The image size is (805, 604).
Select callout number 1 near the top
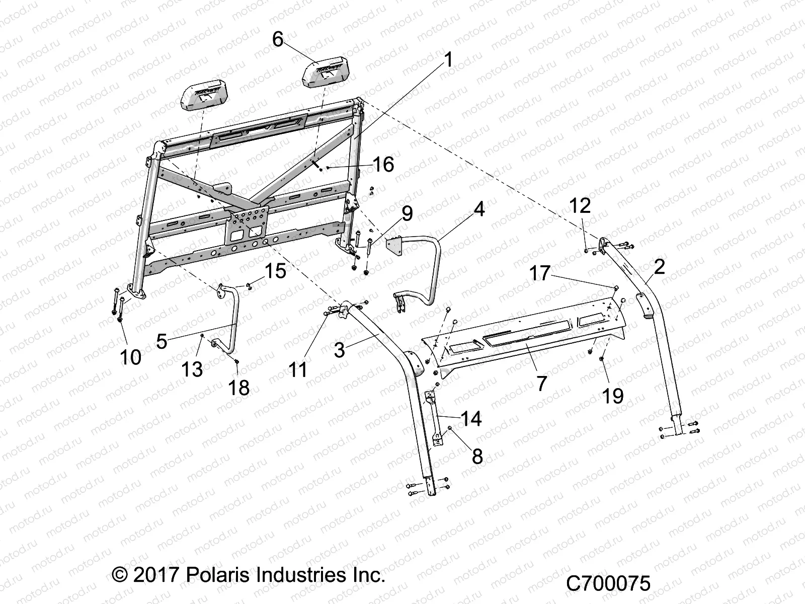(x=448, y=61)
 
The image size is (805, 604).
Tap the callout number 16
(x=383, y=165)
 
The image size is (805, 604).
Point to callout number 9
(x=407, y=213)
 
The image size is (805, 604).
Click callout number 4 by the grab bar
(x=479, y=208)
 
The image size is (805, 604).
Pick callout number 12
(x=580, y=206)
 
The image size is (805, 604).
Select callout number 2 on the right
(x=659, y=267)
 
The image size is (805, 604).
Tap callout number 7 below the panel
(x=541, y=384)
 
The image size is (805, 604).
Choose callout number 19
(x=613, y=396)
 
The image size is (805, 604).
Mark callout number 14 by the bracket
(x=471, y=419)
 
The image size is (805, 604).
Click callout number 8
(x=477, y=456)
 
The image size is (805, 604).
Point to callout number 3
(x=339, y=350)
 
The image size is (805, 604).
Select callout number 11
(x=298, y=370)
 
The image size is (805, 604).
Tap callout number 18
(x=239, y=388)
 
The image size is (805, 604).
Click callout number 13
(x=192, y=370)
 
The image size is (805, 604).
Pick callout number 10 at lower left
(x=130, y=357)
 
